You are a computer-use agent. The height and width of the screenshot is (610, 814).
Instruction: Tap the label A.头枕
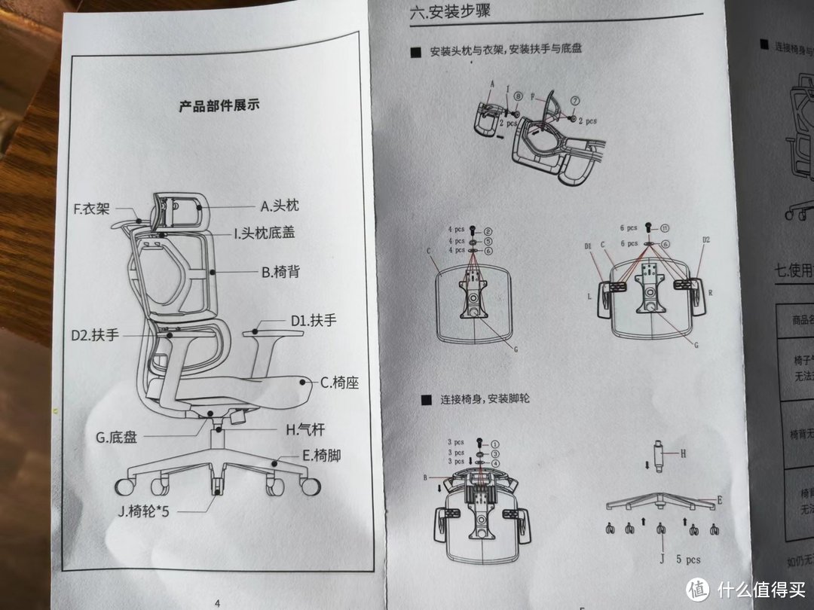280,206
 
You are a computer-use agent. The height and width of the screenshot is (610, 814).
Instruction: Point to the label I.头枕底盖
263,233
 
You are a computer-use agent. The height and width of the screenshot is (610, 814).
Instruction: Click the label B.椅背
280,272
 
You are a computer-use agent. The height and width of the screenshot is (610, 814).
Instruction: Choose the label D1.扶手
314,320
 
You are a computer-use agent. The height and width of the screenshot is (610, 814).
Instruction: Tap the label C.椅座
339,383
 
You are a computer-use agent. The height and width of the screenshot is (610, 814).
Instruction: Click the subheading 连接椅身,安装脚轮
485,398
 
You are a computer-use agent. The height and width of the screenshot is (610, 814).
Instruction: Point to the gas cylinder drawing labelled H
659,457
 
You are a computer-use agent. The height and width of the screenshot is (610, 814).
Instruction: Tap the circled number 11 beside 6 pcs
666,228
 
